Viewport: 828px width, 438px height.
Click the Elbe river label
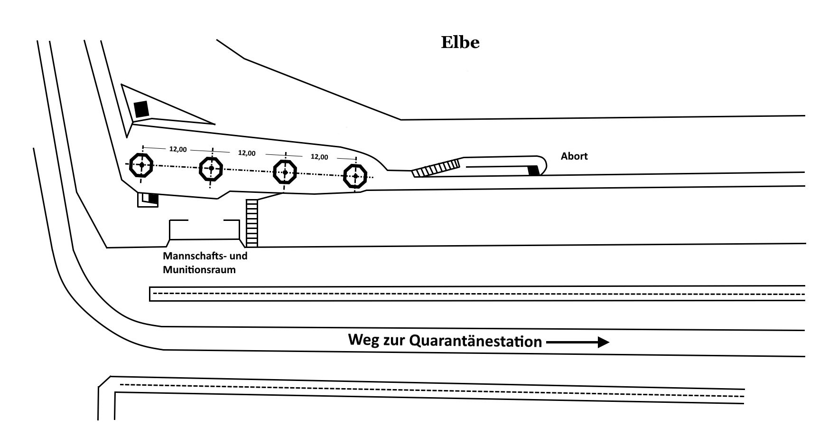[460, 42]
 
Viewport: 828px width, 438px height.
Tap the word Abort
[574, 156]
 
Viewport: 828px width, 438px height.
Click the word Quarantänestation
[475, 341]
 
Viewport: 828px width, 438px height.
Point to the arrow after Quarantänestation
[577, 342]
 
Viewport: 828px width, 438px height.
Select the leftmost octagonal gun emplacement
[141, 165]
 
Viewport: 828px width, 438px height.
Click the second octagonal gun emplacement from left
[211, 168]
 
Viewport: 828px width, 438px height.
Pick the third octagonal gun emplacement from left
[285, 172]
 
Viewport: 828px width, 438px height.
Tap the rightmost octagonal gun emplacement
[355, 176]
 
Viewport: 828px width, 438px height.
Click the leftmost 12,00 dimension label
[178, 149]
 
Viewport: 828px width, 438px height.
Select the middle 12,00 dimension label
[247, 153]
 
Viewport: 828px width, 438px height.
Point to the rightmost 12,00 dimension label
[319, 157]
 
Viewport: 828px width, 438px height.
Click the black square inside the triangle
[141, 109]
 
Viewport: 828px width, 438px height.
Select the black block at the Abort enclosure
[534, 171]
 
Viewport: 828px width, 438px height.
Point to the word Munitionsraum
[199, 270]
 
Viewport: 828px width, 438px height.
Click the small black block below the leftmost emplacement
[153, 198]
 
